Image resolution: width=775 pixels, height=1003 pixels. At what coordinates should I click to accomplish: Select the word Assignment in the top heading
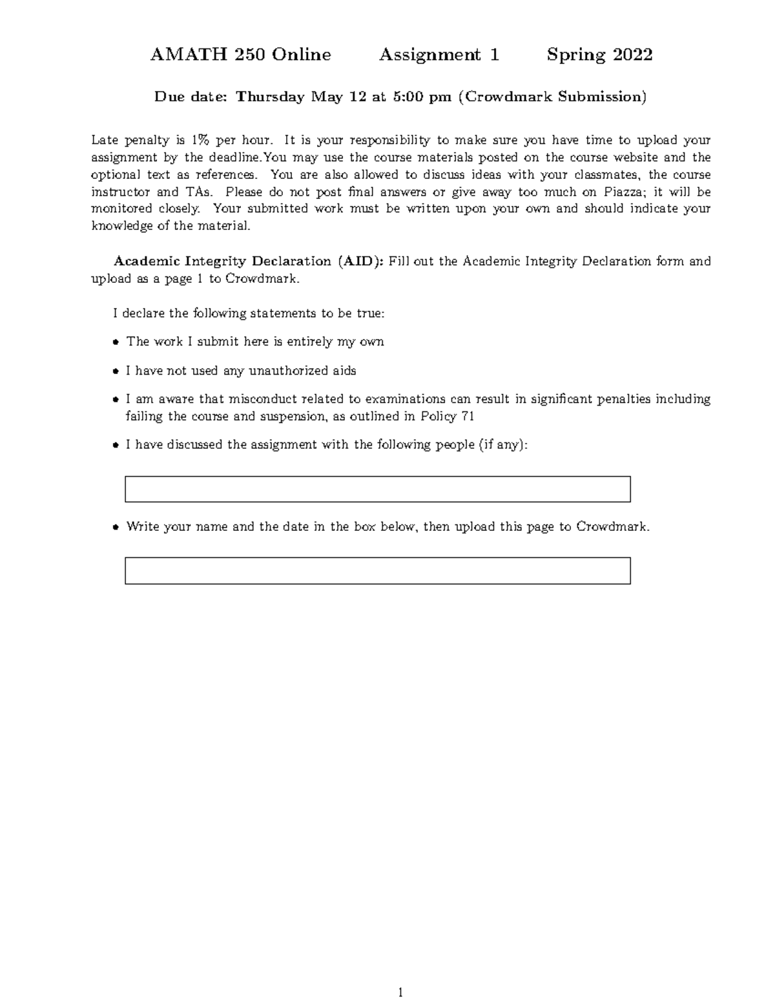[x=429, y=55]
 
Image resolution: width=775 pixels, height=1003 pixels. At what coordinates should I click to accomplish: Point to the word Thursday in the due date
[x=270, y=97]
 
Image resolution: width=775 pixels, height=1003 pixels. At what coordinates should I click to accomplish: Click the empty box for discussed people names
[x=377, y=489]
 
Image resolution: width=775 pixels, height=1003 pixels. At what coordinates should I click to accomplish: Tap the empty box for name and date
[x=377, y=571]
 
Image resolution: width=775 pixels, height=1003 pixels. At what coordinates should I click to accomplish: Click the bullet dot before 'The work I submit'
[x=116, y=342]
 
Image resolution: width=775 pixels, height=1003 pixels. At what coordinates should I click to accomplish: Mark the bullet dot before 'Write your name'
[x=116, y=527]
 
